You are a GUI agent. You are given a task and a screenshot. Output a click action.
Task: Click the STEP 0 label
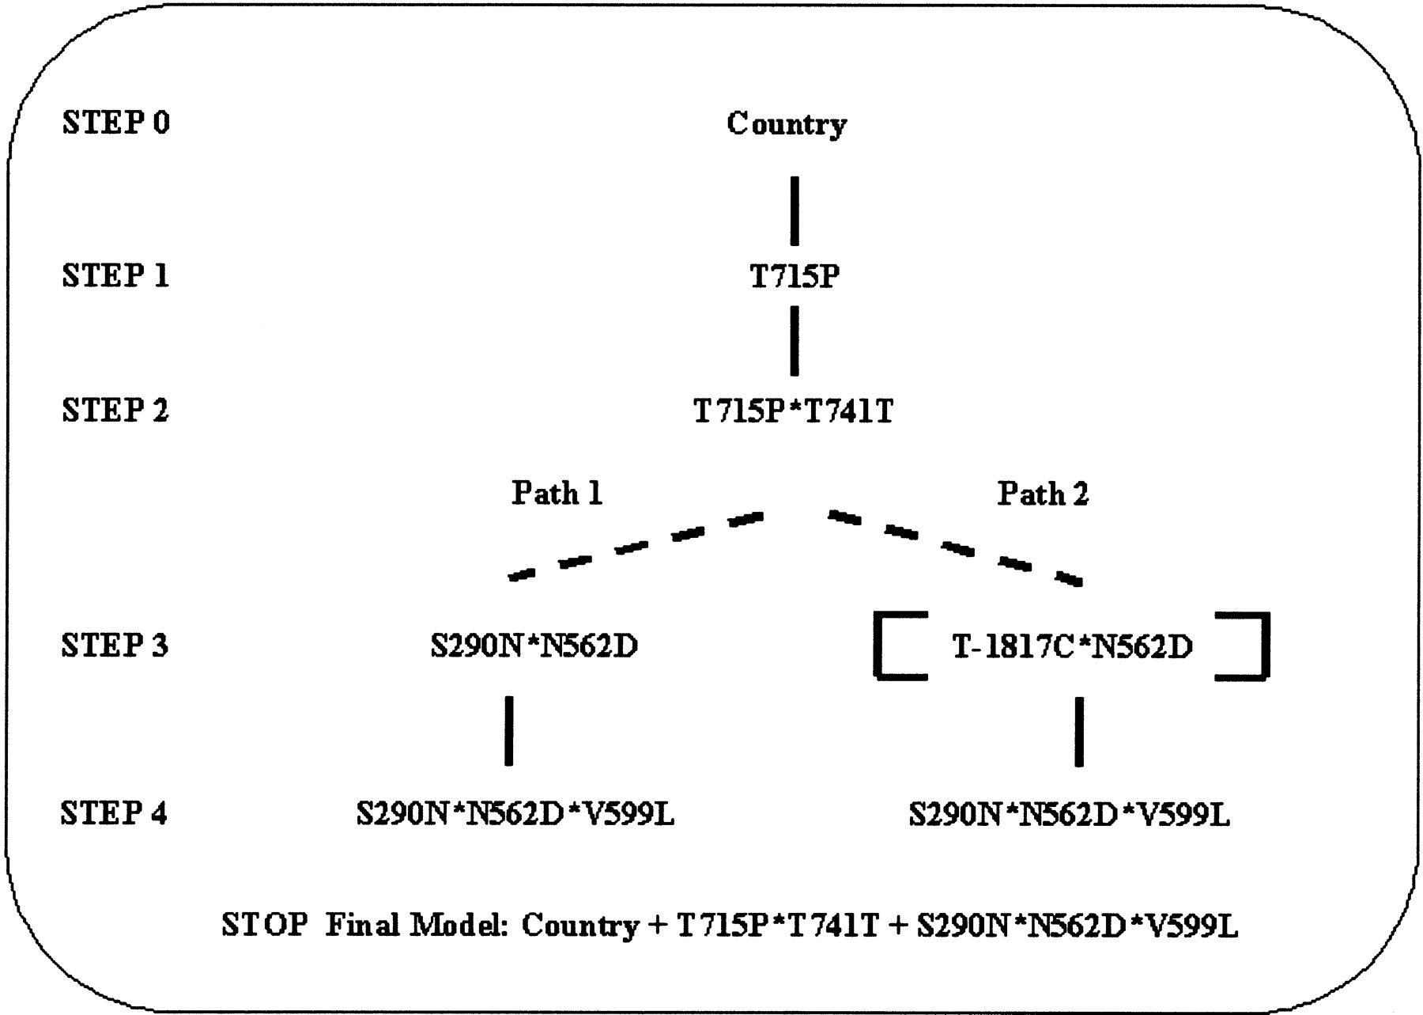[115, 123]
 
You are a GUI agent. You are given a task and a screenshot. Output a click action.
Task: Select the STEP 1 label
[115, 275]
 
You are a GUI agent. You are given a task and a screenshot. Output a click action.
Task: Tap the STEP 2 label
[115, 411]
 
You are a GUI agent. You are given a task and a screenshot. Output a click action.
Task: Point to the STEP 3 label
[115, 646]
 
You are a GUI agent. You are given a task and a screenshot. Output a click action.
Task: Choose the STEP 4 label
[114, 813]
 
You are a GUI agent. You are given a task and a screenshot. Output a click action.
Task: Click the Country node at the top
[787, 124]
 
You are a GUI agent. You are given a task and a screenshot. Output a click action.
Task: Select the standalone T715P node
[795, 277]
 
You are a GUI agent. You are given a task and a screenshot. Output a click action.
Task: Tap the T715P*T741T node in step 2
[793, 411]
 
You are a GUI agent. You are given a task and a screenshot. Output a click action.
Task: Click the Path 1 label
[557, 494]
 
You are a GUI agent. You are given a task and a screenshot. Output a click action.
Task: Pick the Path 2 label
[1043, 494]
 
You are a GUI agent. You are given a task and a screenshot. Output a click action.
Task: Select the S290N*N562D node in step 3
[534, 646]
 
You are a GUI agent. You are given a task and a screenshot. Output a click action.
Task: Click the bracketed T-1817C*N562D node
[1072, 647]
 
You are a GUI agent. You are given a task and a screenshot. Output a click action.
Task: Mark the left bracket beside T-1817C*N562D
[893, 646]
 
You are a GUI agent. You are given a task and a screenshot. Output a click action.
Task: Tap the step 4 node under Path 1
[515, 814]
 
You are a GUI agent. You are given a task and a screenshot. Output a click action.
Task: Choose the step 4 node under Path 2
[1069, 814]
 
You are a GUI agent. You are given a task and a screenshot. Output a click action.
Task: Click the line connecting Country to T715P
[795, 210]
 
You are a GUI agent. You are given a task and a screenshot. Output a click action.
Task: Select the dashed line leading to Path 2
[954, 547]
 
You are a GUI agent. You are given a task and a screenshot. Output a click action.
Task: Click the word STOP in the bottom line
[264, 925]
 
